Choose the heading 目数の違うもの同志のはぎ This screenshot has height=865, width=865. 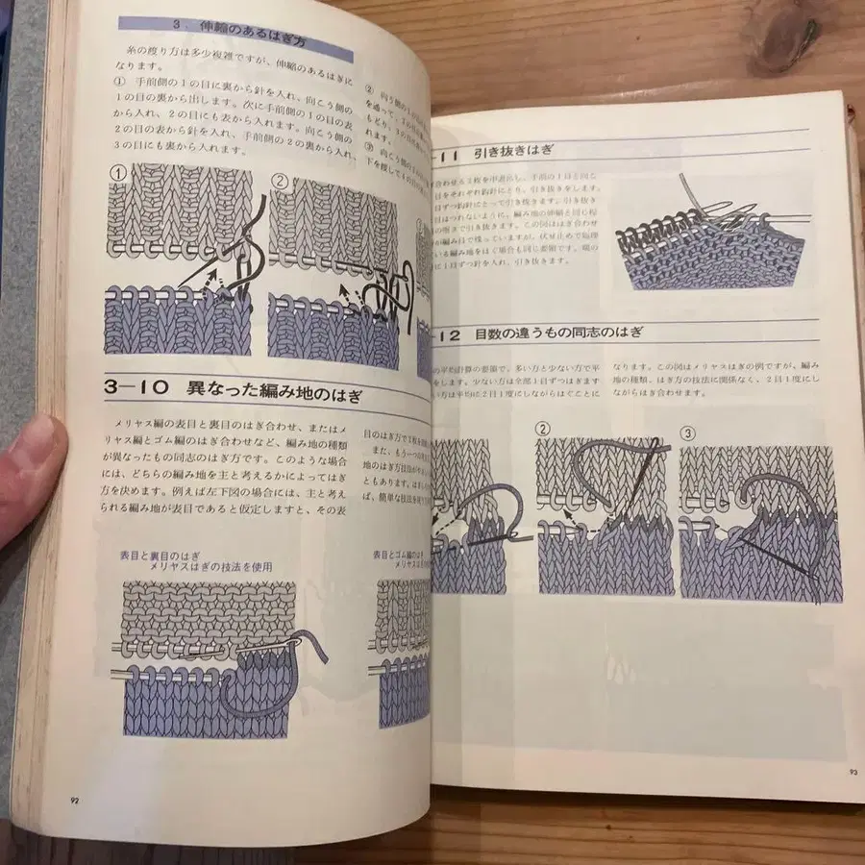pyautogui.click(x=557, y=334)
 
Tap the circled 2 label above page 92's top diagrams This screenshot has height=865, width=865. pyautogui.click(x=280, y=179)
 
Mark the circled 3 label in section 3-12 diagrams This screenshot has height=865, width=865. pyautogui.click(x=687, y=432)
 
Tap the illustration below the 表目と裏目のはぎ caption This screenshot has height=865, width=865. pyautogui.click(x=211, y=658)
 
